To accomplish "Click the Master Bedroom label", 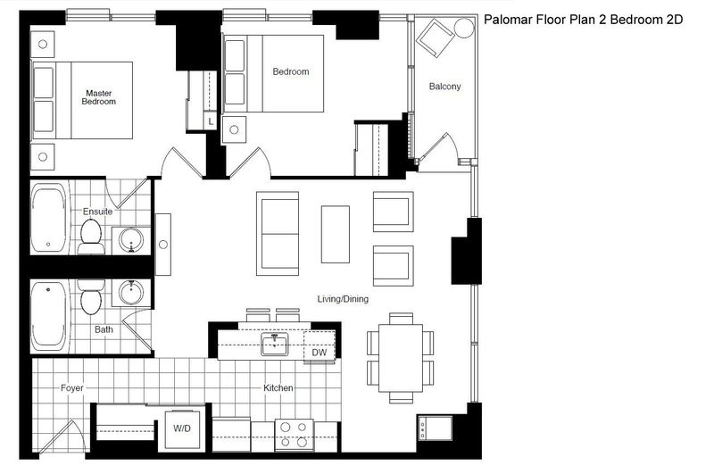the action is pos(99,97).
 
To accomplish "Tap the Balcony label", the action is pos(444,86).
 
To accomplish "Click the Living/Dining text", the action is pos(343,299).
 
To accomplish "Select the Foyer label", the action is pos(72,388).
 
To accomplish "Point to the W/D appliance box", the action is pos(182,429).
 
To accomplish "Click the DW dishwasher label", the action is pos(320,353).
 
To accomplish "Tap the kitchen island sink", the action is pos(275,345).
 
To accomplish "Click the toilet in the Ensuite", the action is pos(91,237).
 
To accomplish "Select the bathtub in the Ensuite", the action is pos(49,218).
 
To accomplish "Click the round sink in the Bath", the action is pos(131,292).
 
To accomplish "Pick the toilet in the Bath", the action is pos(91,297).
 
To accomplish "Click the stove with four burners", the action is pos(295,436).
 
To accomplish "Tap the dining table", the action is pos(401,357).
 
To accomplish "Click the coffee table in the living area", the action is pos(336,234).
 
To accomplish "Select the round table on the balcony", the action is pos(464,29).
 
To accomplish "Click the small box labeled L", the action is pos(210,121).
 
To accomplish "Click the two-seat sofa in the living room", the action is pos(278,234).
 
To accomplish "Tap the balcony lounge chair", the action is pos(435,37).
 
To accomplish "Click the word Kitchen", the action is pos(278,388).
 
